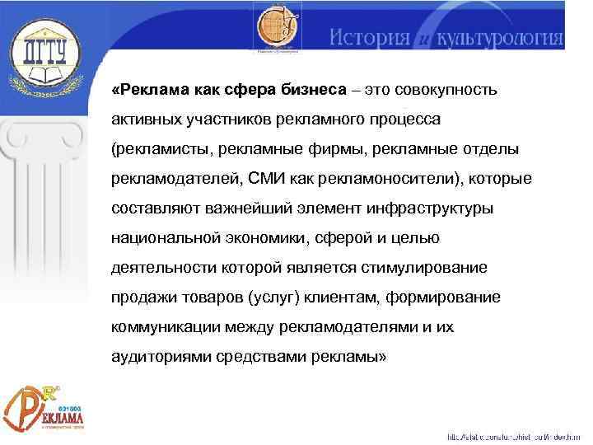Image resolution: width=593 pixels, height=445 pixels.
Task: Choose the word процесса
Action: (x=404, y=119)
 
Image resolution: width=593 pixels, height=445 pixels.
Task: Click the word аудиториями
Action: (x=156, y=356)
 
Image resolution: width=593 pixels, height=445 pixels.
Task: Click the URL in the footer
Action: (x=516, y=436)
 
